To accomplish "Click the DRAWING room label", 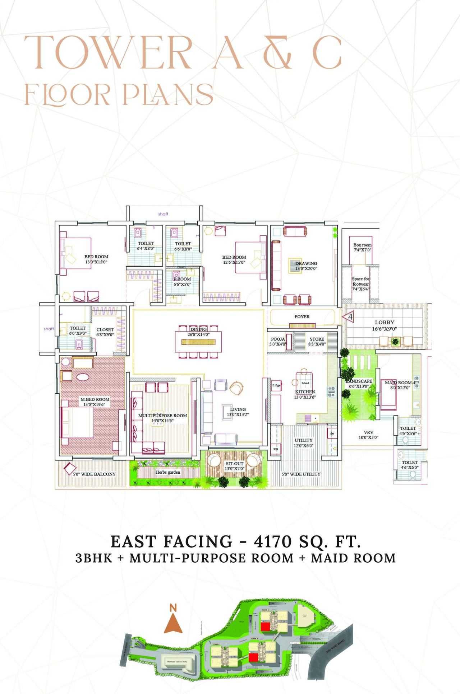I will pyautogui.click(x=306, y=263).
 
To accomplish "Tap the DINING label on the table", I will pyautogui.click(x=198, y=329).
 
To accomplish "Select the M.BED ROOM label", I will pyautogui.click(x=95, y=399).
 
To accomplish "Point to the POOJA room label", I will pyautogui.click(x=278, y=339).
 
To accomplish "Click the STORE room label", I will pyautogui.click(x=317, y=339).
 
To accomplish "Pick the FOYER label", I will pyautogui.click(x=302, y=317).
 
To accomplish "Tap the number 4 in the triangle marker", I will pyautogui.click(x=350, y=317).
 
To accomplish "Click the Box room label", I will pyautogui.click(x=362, y=245).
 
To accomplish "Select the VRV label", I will pyautogui.click(x=368, y=432).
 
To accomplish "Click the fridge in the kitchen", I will pyautogui.click(x=276, y=385).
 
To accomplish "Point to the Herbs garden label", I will pyautogui.click(x=168, y=472).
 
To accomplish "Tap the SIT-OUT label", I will pyautogui.click(x=235, y=464).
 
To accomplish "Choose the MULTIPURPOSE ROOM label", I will pyautogui.click(x=163, y=416).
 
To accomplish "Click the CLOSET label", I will pyautogui.click(x=105, y=330).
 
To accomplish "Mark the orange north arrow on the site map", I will pyautogui.click(x=173, y=624).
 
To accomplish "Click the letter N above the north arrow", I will pyautogui.click(x=173, y=608).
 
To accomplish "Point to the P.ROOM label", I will pyautogui.click(x=182, y=279).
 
